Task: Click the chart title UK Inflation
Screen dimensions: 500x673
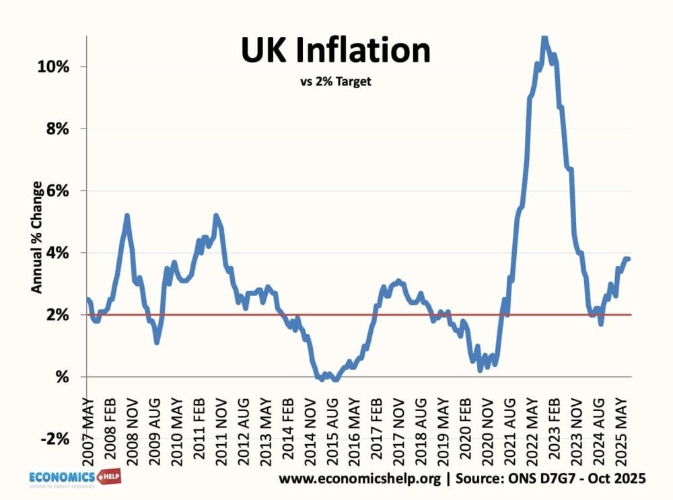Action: [336, 51]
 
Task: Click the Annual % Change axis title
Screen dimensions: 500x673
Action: [38, 238]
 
